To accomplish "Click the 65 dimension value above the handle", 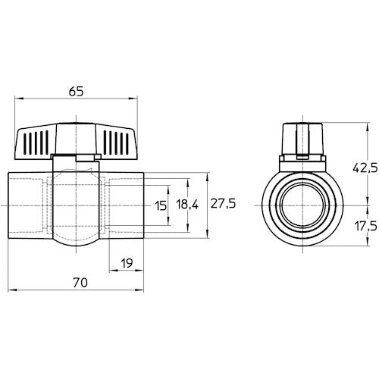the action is [x=76, y=91].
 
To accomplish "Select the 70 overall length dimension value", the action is [x=80, y=283].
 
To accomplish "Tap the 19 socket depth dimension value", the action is [x=127, y=263].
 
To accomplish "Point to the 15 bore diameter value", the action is [x=161, y=205].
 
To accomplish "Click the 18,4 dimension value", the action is [x=187, y=204].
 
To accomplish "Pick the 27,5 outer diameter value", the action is [x=223, y=203].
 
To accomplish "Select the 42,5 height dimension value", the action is [x=365, y=168].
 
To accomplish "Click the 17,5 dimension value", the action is [x=366, y=226].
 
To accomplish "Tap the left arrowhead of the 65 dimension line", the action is [x=19, y=99].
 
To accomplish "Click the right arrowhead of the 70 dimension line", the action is [x=139, y=290].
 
